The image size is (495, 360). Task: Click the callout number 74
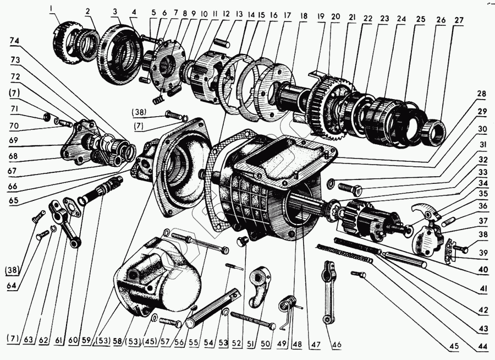pyautogui.click(x=14, y=41)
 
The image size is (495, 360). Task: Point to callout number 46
pyautogui.click(x=337, y=344)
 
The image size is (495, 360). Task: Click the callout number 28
pyautogui.click(x=482, y=95)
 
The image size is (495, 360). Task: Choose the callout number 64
pyautogui.click(x=12, y=285)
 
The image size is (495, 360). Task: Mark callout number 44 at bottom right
pyautogui.click(x=483, y=347)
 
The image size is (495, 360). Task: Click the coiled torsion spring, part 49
pyautogui.click(x=288, y=305)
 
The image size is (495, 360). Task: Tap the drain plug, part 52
pyautogui.click(x=243, y=242)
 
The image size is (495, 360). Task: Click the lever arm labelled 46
pyautogui.click(x=328, y=291)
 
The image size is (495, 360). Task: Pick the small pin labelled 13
pyautogui.click(x=219, y=42)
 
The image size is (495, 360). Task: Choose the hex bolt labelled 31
pyautogui.click(x=350, y=189)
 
